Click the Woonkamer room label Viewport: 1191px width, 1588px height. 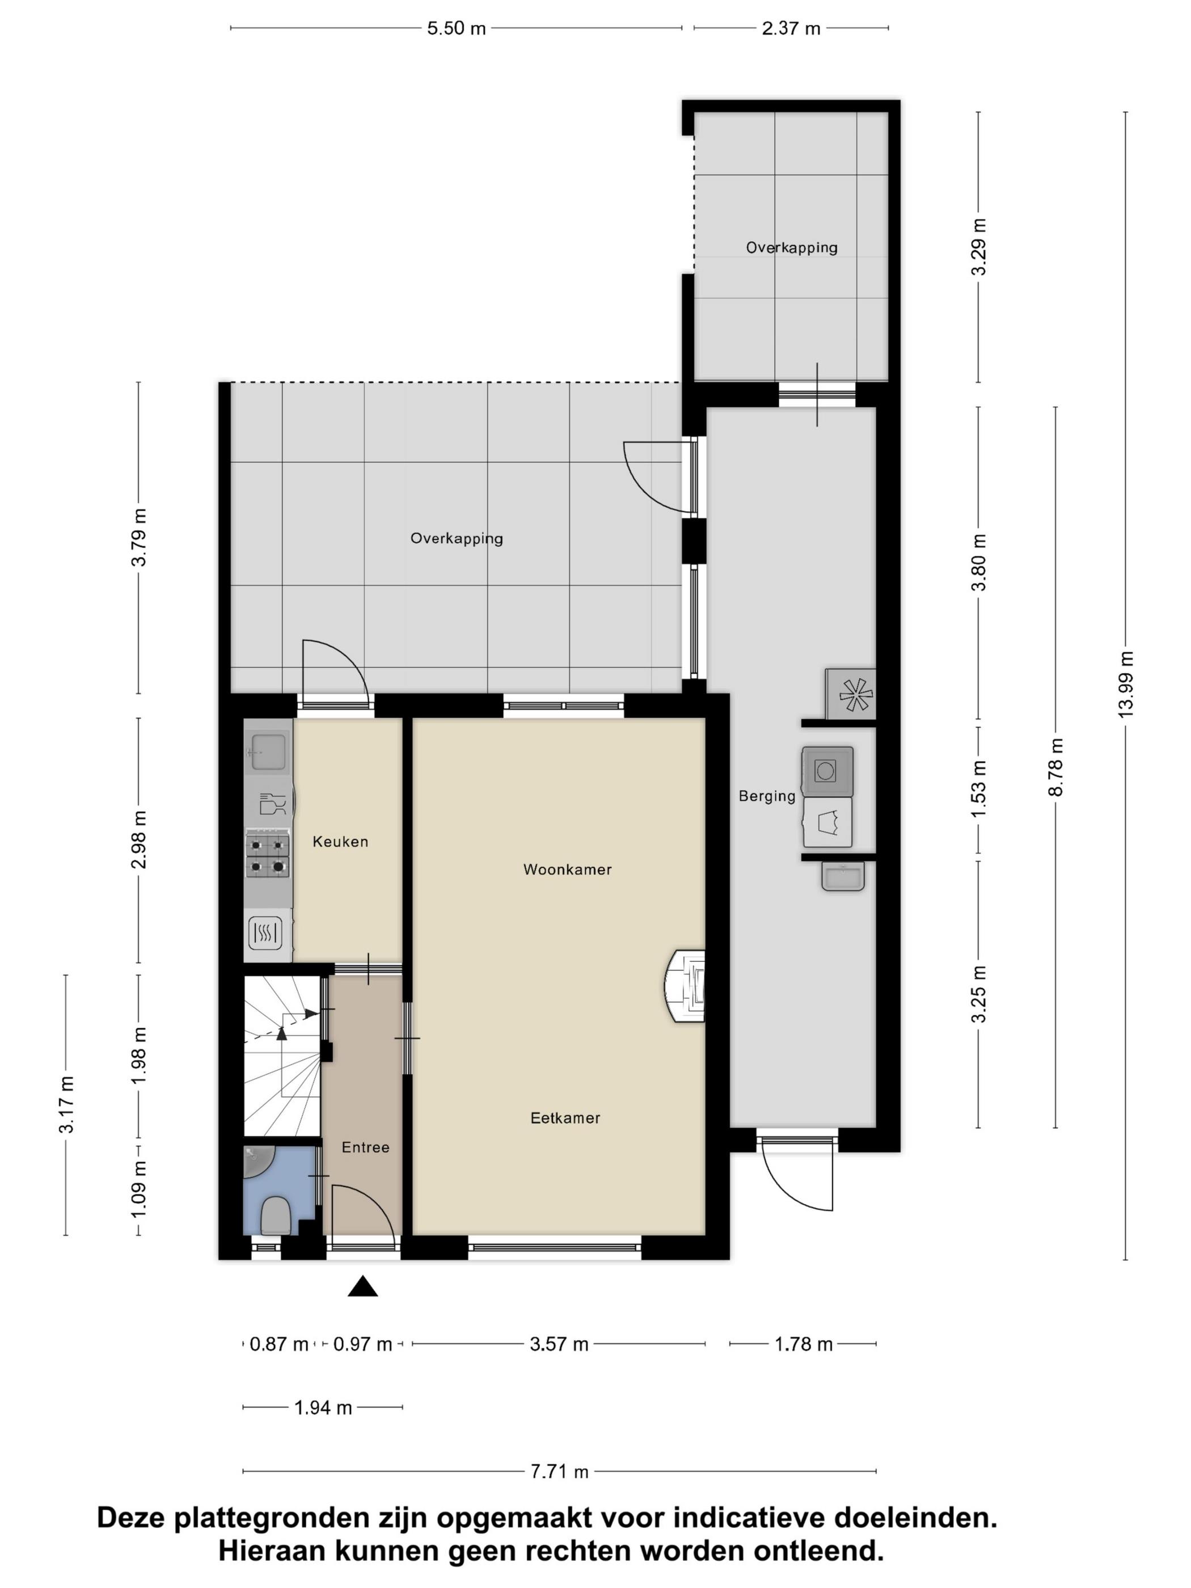567,869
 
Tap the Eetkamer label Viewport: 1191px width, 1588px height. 565,1117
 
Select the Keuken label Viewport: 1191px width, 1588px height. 340,842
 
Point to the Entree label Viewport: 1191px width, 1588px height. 365,1147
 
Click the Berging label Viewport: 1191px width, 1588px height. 767,796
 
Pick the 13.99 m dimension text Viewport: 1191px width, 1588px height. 1125,683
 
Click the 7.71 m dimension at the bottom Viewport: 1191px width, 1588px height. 559,1471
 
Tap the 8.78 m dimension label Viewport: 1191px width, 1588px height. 1055,766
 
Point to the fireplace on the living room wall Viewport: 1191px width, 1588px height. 686,985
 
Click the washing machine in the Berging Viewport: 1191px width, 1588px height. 827,771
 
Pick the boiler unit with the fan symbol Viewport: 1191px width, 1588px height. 851,694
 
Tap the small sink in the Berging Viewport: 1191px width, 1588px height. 842,876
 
